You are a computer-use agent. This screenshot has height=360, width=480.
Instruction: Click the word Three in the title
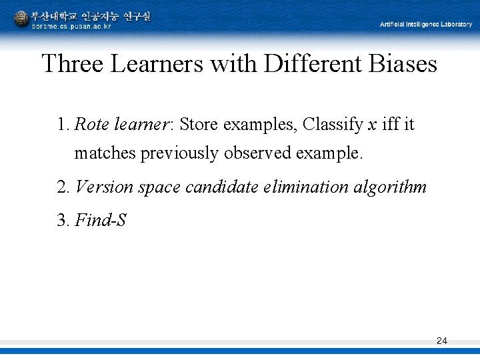tap(73, 64)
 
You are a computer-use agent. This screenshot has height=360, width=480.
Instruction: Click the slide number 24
tap(441, 341)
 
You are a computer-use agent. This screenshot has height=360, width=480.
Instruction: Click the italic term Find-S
tap(101, 220)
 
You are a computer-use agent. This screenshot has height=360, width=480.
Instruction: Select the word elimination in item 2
tap(313, 187)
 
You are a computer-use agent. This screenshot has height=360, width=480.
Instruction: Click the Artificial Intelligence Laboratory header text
tap(425, 24)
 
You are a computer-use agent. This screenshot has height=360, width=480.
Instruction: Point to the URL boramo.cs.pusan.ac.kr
tap(72, 26)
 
